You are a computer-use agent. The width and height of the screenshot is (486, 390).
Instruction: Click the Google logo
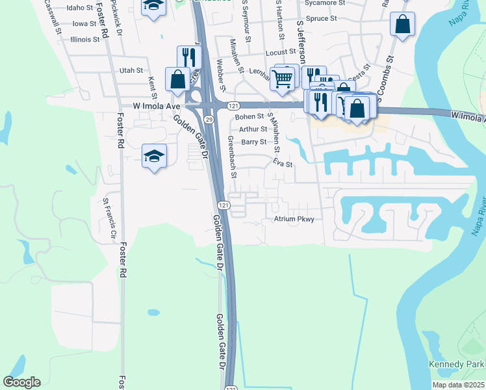pyautogui.click(x=22, y=382)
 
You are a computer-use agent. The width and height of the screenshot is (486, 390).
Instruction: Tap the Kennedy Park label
pyautogui.click(x=457, y=363)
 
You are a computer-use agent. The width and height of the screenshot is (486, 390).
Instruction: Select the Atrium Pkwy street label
pyautogui.click(x=294, y=219)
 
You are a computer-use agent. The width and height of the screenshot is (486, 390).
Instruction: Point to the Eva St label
pyautogui.click(x=283, y=164)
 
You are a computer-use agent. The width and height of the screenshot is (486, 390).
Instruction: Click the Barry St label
pyautogui.click(x=253, y=142)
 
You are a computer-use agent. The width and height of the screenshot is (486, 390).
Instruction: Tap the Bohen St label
pyautogui.click(x=249, y=116)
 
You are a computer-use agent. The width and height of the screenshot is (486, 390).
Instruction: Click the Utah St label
pyautogui.click(x=131, y=70)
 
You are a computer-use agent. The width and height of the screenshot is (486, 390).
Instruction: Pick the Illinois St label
pyautogui.click(x=85, y=39)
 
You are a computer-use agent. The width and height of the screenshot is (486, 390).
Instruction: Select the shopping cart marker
pyautogui.click(x=283, y=79)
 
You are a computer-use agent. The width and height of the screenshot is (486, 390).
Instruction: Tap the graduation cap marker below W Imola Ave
pyautogui.click(x=155, y=156)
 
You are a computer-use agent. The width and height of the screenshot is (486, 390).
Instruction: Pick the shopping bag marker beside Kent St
pyautogui.click(x=178, y=79)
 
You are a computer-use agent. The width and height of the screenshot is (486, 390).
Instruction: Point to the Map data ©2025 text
pyautogui.click(x=458, y=385)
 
